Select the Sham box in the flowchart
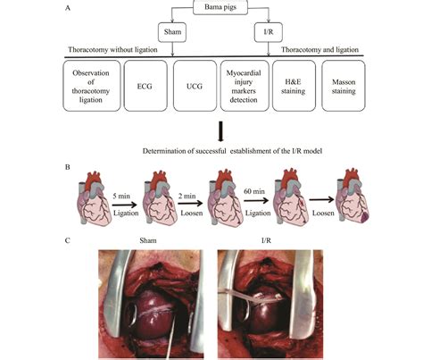tap(172, 32)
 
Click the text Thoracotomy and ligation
tap(340, 53)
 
